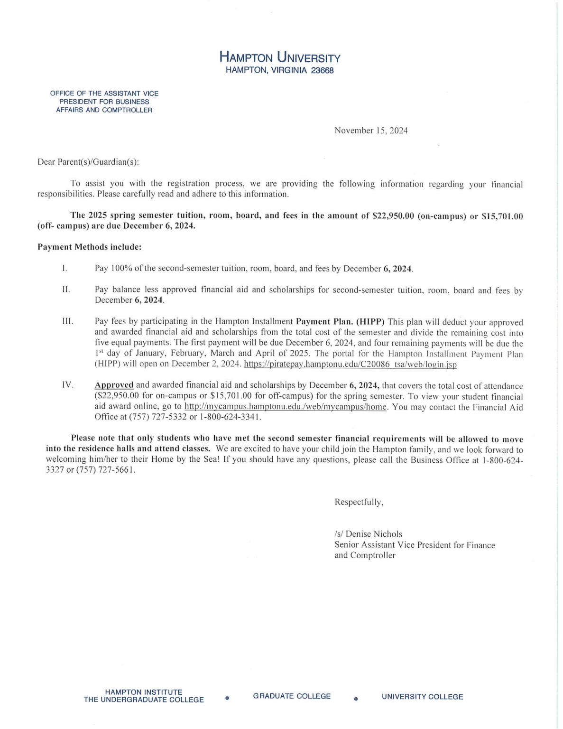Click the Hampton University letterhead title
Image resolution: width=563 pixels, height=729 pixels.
point(280,58)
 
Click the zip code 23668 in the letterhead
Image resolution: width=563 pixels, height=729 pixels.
point(323,70)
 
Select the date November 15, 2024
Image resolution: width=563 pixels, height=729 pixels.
point(371,131)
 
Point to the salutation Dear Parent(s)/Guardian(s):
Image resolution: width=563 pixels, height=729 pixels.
point(88,162)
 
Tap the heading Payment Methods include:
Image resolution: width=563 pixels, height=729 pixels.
point(89,247)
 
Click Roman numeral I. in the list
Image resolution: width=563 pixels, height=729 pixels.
point(64,268)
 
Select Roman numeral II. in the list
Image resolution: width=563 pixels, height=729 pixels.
point(66,290)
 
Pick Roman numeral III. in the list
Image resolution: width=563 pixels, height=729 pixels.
point(67,322)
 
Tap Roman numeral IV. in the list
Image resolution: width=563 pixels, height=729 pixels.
point(67,385)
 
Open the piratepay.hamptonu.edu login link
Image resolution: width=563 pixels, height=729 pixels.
point(350,364)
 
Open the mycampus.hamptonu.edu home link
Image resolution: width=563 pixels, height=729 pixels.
point(286,407)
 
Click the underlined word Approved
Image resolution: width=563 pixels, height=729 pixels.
point(114,385)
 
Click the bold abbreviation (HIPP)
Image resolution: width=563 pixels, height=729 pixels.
point(370,322)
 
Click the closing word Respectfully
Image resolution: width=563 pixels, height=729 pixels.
point(359,502)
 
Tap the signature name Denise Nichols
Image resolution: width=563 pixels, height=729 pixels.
point(374,534)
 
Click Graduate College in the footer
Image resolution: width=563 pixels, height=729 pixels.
point(292,696)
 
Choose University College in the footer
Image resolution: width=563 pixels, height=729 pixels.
point(422,697)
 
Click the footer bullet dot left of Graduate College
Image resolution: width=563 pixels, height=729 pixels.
point(228,698)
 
